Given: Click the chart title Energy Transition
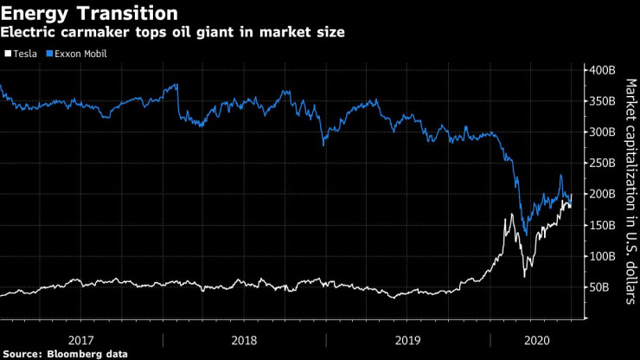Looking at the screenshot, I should tap(90, 14).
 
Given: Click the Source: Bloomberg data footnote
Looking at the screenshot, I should tap(65, 353).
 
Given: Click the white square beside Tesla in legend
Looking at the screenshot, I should tap(8, 54).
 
